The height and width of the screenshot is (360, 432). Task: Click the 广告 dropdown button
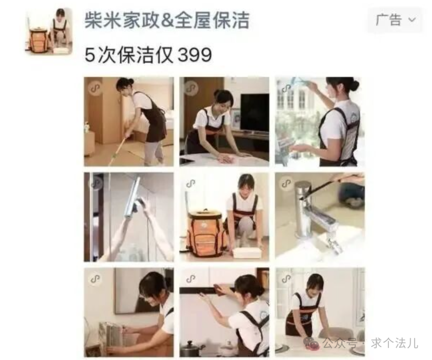point(395,20)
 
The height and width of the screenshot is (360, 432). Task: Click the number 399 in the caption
point(195,55)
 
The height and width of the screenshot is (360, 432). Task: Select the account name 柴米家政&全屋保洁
point(167,20)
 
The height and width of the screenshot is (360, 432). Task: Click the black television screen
point(255,113)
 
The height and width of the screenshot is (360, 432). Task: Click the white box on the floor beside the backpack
point(247,252)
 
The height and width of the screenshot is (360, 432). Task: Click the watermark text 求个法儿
point(394,343)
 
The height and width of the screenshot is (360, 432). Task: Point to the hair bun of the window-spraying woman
point(355,85)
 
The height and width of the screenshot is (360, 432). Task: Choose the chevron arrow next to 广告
point(412,20)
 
